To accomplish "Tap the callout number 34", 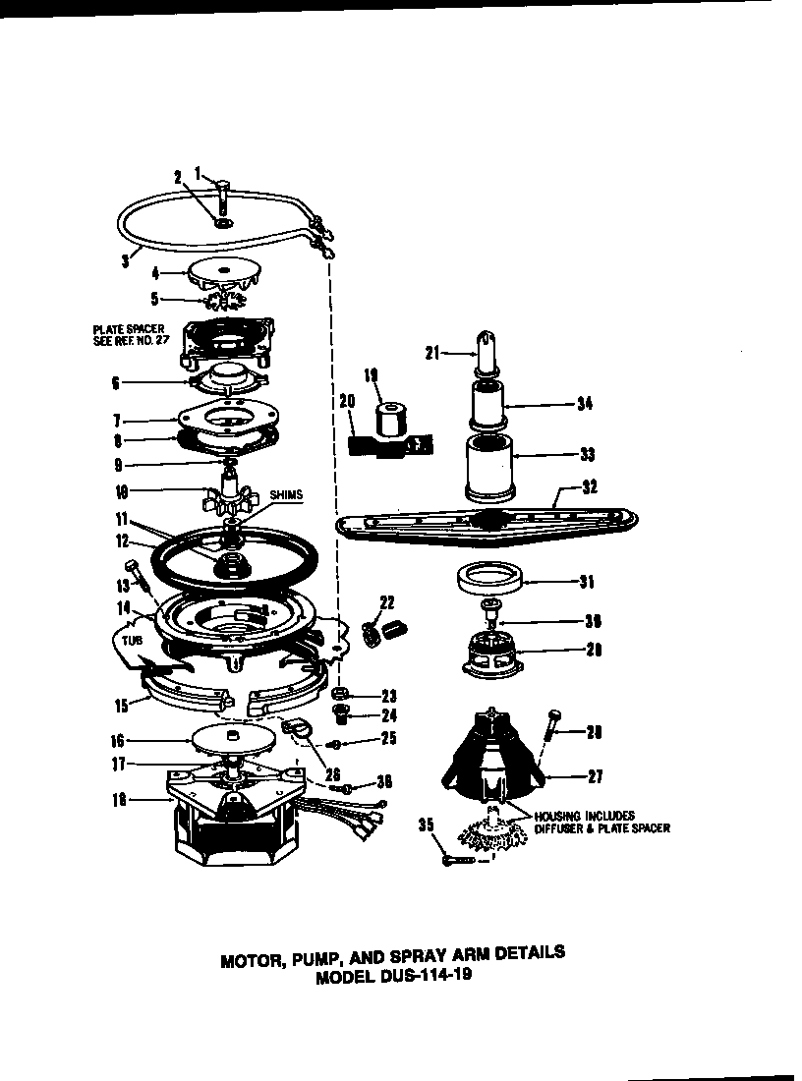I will pos(586,402).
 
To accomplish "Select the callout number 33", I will pos(586,455).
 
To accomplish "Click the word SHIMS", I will pos(284,495).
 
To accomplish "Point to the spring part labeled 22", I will pos(380,630).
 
